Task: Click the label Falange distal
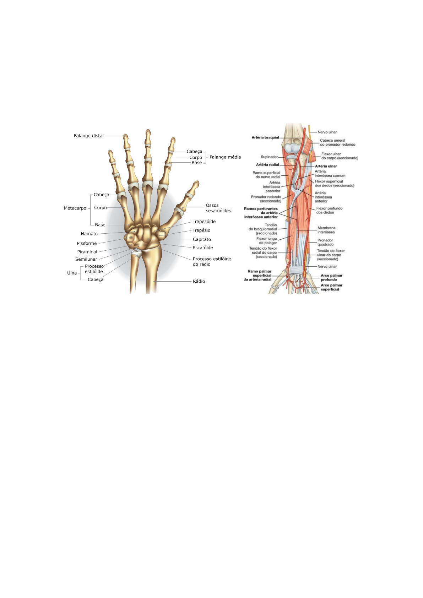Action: pyautogui.click(x=88, y=136)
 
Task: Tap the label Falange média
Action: pyautogui.click(x=225, y=157)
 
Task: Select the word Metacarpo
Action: pyautogui.click(x=75, y=208)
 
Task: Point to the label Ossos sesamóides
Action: pyautogui.click(x=218, y=208)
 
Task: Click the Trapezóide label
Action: pyautogui.click(x=204, y=222)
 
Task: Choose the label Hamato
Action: pyautogui.click(x=89, y=234)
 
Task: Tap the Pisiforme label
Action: pyautogui.click(x=87, y=243)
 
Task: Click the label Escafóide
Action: pyautogui.click(x=202, y=248)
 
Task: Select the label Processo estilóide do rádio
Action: pyautogui.click(x=212, y=262)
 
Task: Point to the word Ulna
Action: pyautogui.click(x=72, y=273)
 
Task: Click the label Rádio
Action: pyautogui.click(x=199, y=281)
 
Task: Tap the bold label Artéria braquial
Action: pyautogui.click(x=265, y=137)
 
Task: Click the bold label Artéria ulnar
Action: pyautogui.click(x=326, y=166)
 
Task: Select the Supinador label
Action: pyautogui.click(x=269, y=157)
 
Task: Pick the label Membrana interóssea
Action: pyautogui.click(x=326, y=230)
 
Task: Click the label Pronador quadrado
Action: pyautogui.click(x=325, y=242)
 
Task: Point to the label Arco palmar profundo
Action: pyautogui.click(x=331, y=277)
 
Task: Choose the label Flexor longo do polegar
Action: pyautogui.click(x=267, y=241)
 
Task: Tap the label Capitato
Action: pyautogui.click(x=202, y=240)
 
